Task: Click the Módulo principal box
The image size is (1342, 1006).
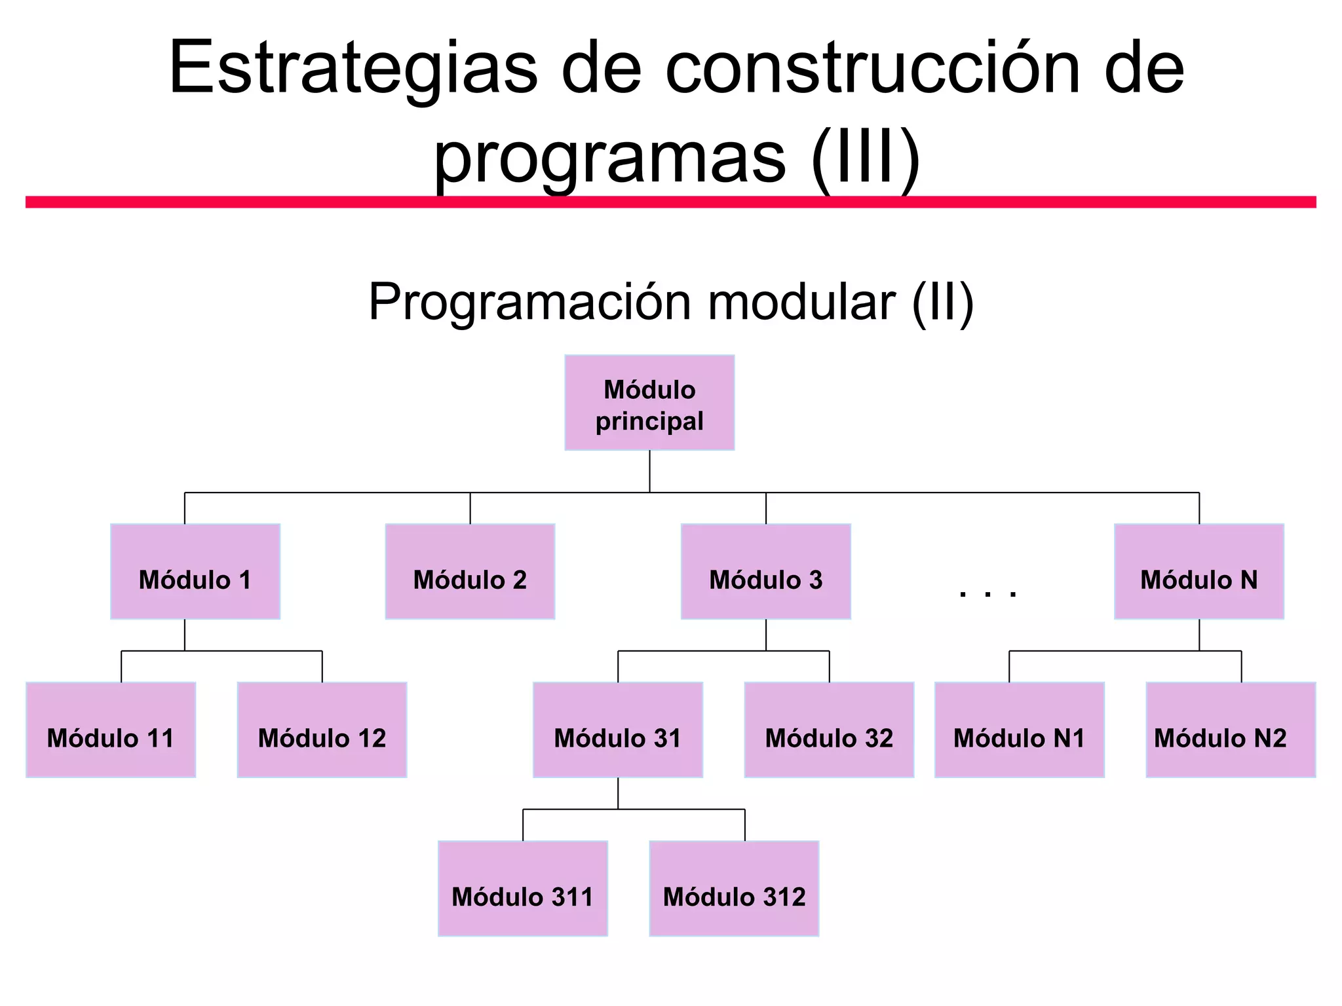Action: [x=649, y=403]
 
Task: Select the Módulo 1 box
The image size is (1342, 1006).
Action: [x=195, y=572]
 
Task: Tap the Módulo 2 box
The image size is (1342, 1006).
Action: [x=470, y=572]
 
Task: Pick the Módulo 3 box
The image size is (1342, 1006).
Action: [x=765, y=572]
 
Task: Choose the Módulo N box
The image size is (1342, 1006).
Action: [x=1198, y=572]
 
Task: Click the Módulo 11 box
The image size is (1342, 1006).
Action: [x=111, y=730]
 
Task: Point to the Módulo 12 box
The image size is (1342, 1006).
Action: [x=322, y=730]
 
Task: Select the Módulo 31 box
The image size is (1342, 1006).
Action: [x=617, y=730]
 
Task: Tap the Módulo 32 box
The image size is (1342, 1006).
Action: [x=829, y=730]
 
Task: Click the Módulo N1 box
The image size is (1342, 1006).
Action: [x=1019, y=730]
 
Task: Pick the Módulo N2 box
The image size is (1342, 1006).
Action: [x=1230, y=730]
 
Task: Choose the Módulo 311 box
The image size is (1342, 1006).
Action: [x=522, y=889]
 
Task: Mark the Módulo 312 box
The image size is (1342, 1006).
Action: [x=734, y=889]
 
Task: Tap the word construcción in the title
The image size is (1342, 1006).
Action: [x=872, y=69]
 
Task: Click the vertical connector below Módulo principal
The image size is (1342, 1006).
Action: [x=649, y=472]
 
